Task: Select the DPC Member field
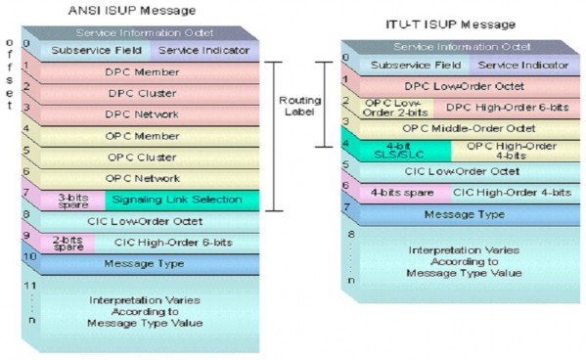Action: [x=143, y=71]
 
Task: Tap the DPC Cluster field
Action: [x=143, y=93]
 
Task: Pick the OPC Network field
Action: [x=143, y=178]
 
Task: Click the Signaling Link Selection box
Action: [x=176, y=200]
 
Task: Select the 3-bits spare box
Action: [x=72, y=200]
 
